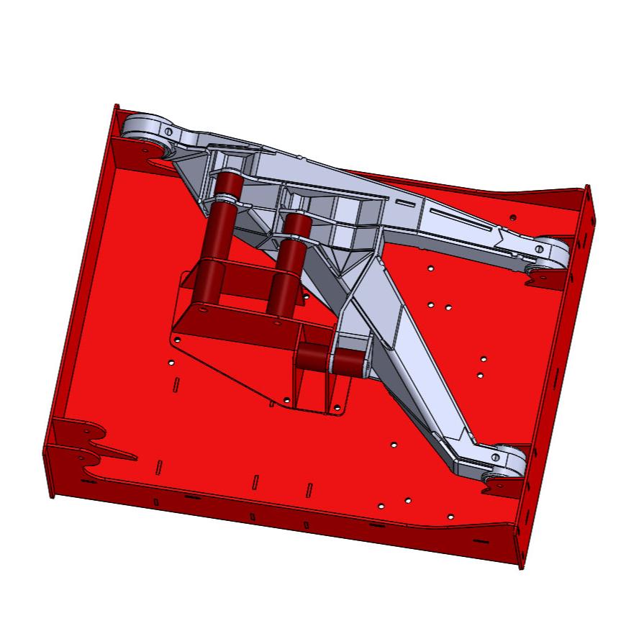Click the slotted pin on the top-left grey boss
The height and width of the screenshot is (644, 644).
[168, 132]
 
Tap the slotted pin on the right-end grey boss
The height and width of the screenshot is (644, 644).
[539, 248]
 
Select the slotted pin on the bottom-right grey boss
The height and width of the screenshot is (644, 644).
[496, 456]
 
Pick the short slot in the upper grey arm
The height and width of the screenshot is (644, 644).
[407, 204]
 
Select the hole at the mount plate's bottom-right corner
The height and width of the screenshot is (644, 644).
[337, 409]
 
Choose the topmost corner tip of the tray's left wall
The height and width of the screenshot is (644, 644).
[114, 106]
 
